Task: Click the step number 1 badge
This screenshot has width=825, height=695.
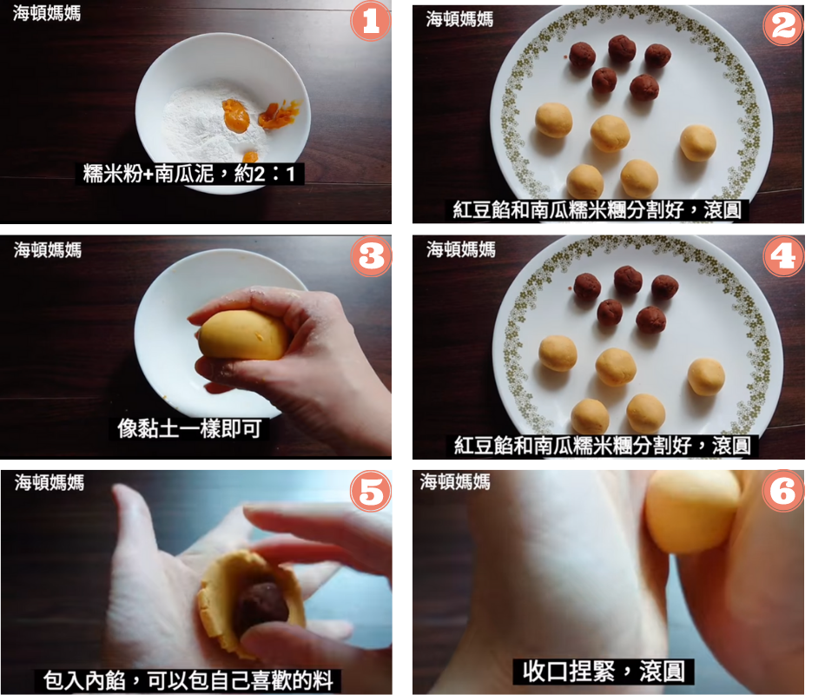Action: coord(371,22)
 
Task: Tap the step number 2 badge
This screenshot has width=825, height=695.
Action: coord(783,26)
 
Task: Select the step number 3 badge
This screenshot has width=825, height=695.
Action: coord(371,256)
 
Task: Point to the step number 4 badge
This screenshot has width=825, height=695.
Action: coord(783,256)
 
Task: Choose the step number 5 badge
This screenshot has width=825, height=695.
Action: coord(371,491)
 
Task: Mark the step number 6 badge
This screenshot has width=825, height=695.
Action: coord(783,491)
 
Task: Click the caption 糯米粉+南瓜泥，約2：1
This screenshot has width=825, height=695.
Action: coord(189,173)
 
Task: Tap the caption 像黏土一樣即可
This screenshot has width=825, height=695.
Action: coord(189,428)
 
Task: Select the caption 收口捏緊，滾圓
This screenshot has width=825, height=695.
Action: coord(604,672)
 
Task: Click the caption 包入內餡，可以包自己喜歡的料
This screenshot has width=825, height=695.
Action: coord(188,680)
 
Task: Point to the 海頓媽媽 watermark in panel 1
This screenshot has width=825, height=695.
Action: coord(47,13)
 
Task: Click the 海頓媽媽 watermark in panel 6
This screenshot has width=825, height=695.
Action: coord(455,481)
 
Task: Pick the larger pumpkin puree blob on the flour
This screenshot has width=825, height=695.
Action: coord(235,116)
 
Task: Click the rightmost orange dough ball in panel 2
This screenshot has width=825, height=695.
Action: coord(697,142)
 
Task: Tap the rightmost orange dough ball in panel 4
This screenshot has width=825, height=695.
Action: coord(706,376)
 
